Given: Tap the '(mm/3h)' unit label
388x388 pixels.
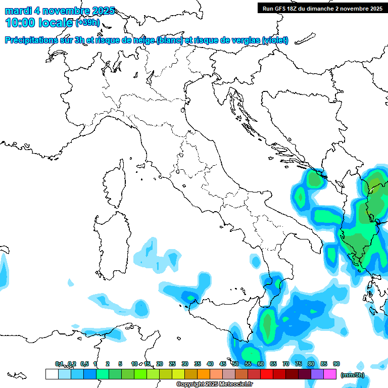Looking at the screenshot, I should click(353, 375).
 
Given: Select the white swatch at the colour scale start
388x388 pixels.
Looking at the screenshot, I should click(52, 374).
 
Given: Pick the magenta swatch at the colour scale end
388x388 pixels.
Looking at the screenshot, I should click(330, 374).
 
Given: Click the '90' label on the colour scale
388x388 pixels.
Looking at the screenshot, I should click(336, 364).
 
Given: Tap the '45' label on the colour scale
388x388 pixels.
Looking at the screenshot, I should click(223, 364).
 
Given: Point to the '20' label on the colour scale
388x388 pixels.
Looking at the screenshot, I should click(160, 364).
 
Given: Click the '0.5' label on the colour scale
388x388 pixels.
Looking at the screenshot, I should click(84, 364).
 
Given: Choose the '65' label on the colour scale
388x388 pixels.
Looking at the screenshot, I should click(273, 364).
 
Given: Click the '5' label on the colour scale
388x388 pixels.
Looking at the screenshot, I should click(120, 364).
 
